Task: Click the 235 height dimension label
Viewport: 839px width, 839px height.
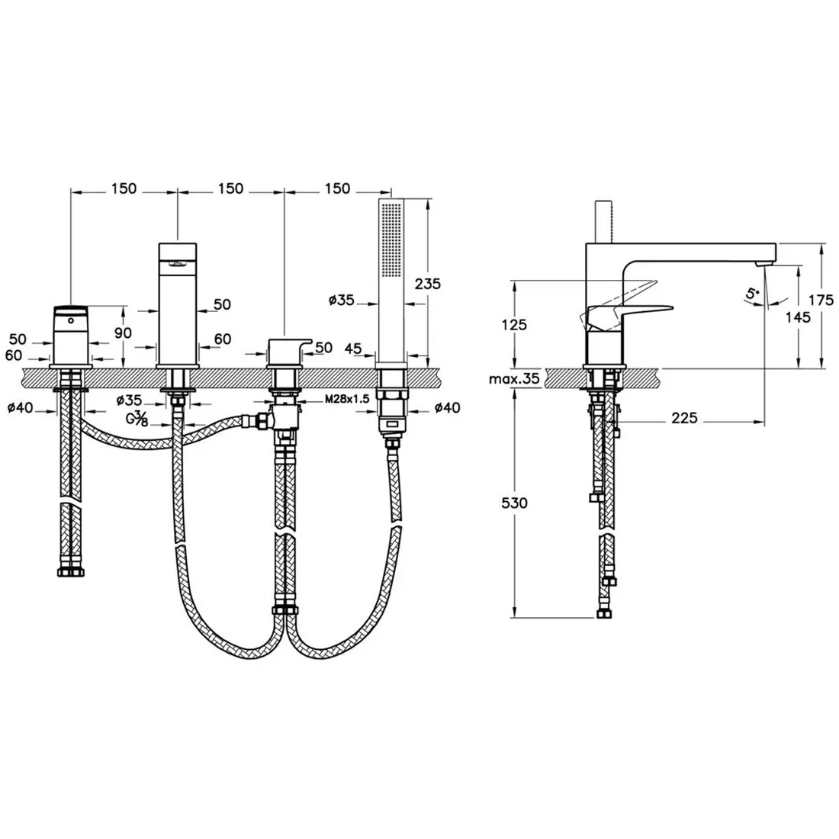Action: pos(428,284)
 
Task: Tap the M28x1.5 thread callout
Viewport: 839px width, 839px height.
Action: pos(347,399)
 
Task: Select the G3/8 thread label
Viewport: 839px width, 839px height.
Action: pos(137,418)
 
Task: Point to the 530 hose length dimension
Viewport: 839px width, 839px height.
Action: pos(514,503)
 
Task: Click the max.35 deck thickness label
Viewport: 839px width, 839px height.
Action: pos(513,379)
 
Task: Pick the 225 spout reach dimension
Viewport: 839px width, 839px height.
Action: pos(684,418)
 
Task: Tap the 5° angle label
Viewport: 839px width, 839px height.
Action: pos(753,293)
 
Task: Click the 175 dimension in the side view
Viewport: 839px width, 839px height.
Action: pos(820,300)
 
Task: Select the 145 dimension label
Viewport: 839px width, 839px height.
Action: pos(798,317)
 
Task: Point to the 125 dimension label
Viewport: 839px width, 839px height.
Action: pos(514,325)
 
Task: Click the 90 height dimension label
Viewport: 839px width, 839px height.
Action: pos(123,333)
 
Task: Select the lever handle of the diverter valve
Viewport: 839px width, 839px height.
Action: pos(290,346)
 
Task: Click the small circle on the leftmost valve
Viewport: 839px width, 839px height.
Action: pos(71,322)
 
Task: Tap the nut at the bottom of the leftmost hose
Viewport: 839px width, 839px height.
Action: pos(71,573)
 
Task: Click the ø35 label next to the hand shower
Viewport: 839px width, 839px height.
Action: pos(342,301)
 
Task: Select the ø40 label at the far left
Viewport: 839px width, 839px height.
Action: pos(21,408)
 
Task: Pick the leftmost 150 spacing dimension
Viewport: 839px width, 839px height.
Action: pos(124,188)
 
